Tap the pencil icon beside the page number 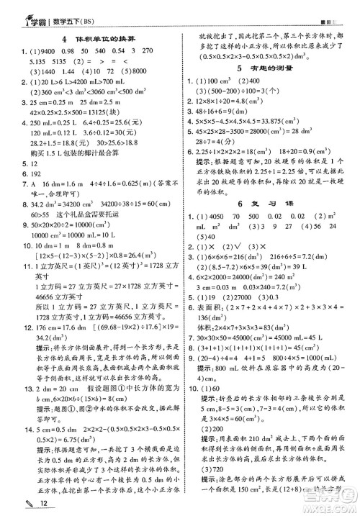[11, 504]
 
